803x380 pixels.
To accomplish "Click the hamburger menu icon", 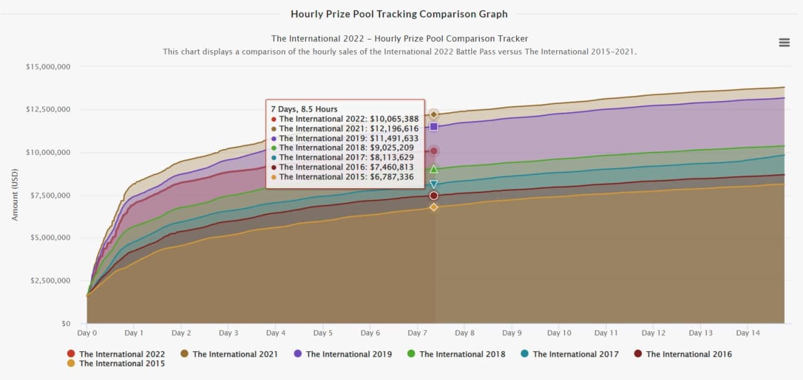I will [784, 43].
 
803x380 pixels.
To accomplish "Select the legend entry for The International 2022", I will [115, 354].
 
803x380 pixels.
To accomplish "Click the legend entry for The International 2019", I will [343, 354].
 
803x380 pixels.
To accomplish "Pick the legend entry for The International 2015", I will [115, 364].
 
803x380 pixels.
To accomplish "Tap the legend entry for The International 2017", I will [569, 354].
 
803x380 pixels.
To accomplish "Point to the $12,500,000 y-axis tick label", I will [48, 110].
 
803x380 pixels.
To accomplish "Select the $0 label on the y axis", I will [65, 324].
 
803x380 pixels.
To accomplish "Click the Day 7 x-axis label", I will [417, 334].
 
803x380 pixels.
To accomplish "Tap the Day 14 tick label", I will [748, 334].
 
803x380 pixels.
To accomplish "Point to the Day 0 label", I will [87, 334].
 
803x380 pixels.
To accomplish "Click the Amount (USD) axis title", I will [15, 194].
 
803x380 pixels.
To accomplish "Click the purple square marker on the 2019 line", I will [433, 127].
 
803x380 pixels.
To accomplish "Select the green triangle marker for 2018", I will [433, 169].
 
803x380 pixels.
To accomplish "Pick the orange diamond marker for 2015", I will [433, 207].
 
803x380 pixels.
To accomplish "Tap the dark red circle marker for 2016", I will [433, 196].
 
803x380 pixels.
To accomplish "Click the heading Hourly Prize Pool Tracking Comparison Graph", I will [399, 14].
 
